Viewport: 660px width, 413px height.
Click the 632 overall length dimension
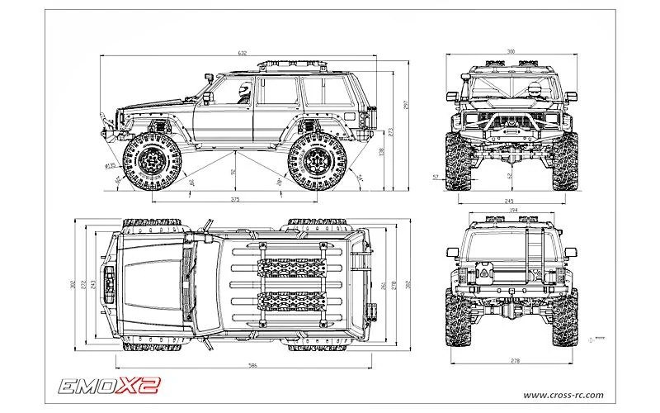point(242,52)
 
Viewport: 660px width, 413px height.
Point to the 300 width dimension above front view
point(511,52)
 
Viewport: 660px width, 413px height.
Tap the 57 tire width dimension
point(435,177)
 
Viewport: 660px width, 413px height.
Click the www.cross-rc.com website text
point(563,394)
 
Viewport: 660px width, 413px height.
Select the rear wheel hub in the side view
point(318,162)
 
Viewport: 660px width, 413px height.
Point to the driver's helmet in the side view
point(243,89)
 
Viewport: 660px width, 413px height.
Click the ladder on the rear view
point(533,248)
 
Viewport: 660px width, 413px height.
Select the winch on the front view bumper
point(511,128)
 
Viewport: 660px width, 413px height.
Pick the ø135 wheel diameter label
point(110,166)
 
